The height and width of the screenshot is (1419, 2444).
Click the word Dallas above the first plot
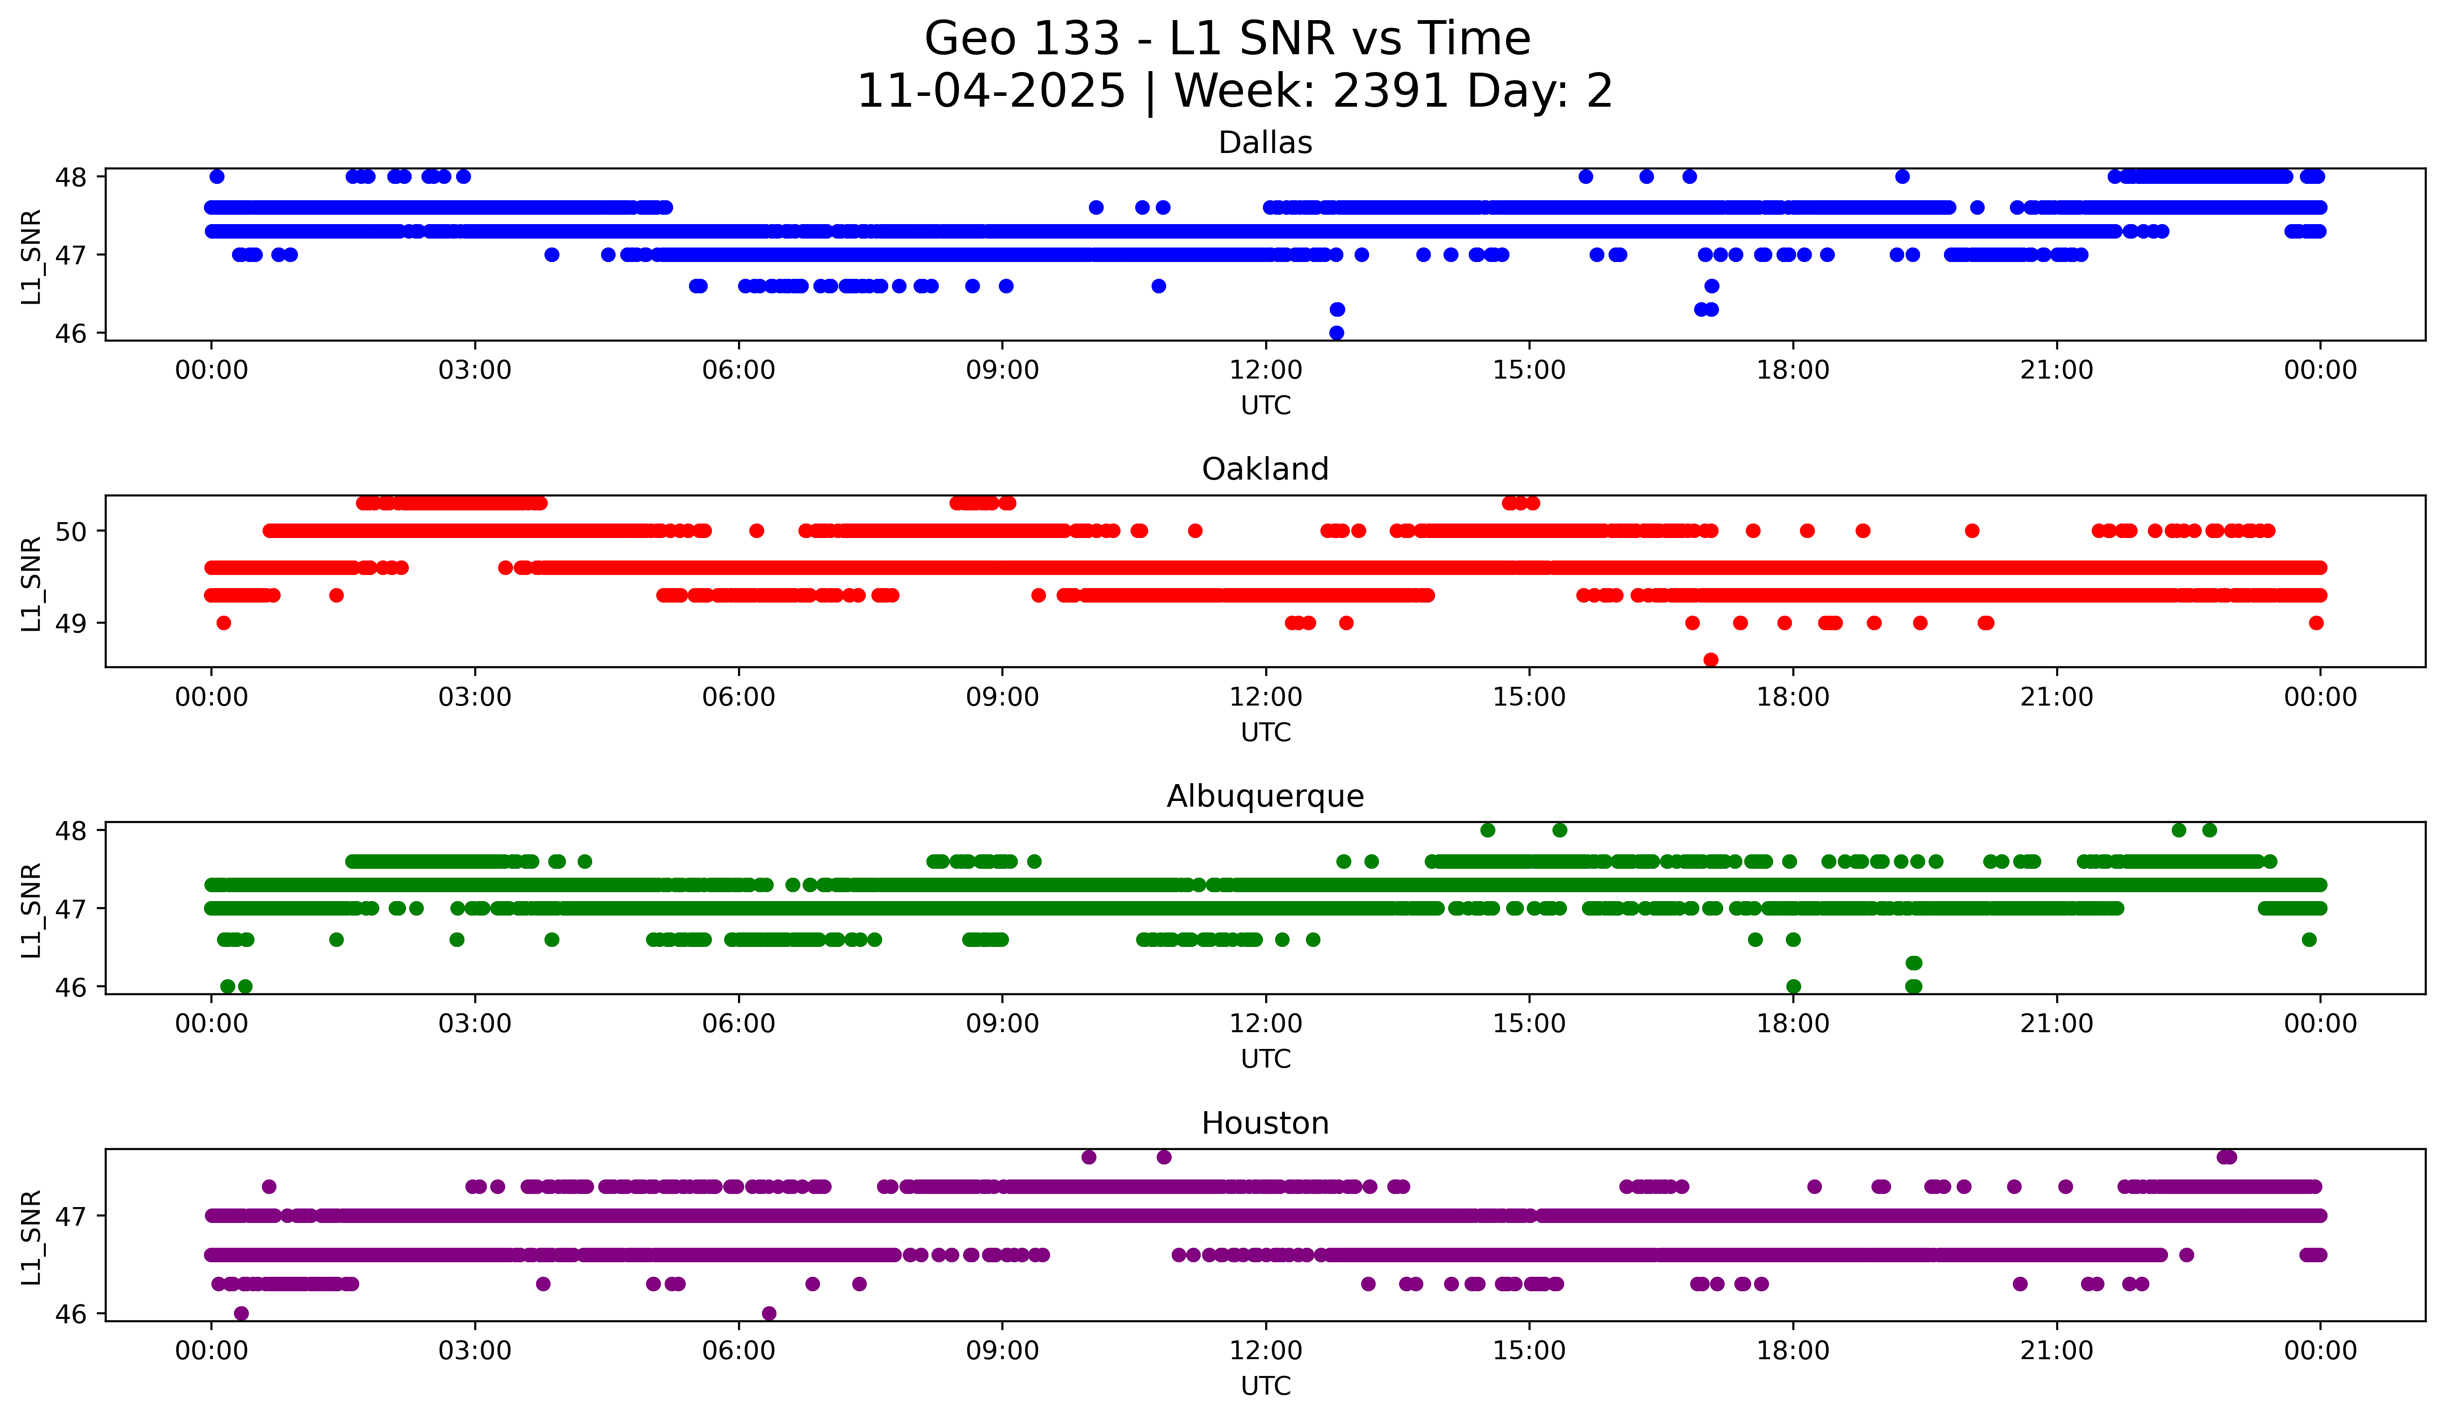(1265, 143)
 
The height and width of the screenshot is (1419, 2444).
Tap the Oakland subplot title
(1265, 469)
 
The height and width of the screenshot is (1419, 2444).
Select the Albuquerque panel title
(1265, 796)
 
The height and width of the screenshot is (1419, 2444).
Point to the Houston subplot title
(1265, 1123)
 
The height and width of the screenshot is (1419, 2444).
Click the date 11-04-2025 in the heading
(990, 91)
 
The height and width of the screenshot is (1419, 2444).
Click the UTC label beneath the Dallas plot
(1265, 406)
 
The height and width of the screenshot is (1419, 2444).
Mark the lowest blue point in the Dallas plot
(1336, 333)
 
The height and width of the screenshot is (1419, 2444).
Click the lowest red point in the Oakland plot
(1711, 660)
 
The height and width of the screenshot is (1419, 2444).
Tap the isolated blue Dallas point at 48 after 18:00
(1902, 176)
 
